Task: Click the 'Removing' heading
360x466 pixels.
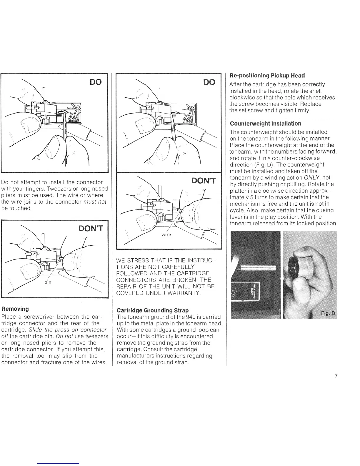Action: [x=15, y=309]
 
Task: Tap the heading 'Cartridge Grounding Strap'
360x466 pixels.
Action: [x=153, y=310]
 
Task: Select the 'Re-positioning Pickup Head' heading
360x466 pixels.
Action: [x=267, y=76]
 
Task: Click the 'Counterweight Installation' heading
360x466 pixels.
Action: [x=266, y=124]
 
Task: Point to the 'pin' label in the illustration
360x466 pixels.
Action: [x=48, y=282]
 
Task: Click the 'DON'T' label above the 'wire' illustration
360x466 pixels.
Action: [x=204, y=180]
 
